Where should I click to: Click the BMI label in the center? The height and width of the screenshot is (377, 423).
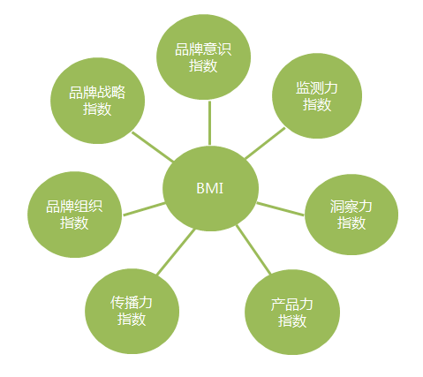[209, 188]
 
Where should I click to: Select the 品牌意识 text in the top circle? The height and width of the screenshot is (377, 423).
[203, 49]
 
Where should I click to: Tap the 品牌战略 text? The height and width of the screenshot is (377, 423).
[97, 92]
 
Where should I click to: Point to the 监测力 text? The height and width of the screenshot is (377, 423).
[317, 87]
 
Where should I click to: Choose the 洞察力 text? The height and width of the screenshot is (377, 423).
[351, 206]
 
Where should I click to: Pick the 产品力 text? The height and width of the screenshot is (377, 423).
[292, 304]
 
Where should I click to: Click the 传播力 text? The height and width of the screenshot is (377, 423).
[132, 302]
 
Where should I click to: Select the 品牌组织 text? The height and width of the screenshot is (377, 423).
[74, 206]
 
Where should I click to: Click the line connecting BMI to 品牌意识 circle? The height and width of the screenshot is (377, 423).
[209, 123]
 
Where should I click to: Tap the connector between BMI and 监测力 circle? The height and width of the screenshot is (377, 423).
[265, 143]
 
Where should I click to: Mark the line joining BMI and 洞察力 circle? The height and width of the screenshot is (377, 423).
[280, 208]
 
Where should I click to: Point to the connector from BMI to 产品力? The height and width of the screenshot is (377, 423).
[253, 250]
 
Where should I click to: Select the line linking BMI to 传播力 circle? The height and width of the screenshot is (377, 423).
[176, 252]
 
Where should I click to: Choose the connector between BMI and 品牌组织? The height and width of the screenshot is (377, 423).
[144, 209]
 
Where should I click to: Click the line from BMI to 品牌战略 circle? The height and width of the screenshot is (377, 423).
[153, 147]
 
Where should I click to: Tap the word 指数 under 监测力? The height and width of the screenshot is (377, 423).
[317, 104]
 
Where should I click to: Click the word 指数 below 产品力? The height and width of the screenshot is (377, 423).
[292, 320]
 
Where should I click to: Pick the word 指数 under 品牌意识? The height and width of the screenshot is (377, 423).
[203, 65]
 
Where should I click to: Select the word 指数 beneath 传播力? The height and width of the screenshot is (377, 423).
[132, 319]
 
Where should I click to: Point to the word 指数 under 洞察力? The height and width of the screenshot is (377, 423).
[351, 222]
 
